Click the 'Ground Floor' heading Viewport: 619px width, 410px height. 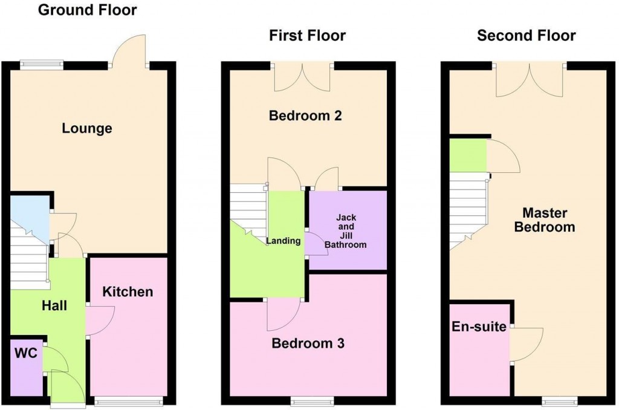tap(87, 10)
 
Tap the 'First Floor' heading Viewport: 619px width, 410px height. tap(307, 36)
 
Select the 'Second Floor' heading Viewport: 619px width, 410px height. tap(526, 36)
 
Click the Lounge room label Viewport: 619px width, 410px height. tap(87, 128)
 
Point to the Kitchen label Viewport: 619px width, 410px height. tap(128, 292)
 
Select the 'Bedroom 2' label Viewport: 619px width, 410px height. tap(305, 115)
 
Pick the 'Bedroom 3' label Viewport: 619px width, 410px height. tap(308, 343)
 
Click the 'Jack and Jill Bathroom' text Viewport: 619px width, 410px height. tap(346, 231)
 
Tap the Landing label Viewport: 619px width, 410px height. tap(284, 241)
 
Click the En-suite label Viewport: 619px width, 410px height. tap(479, 327)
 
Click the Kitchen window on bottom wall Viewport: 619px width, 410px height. tap(129, 400)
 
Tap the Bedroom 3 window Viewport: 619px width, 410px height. tap(312, 400)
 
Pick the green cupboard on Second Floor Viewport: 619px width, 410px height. tap(468, 155)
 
